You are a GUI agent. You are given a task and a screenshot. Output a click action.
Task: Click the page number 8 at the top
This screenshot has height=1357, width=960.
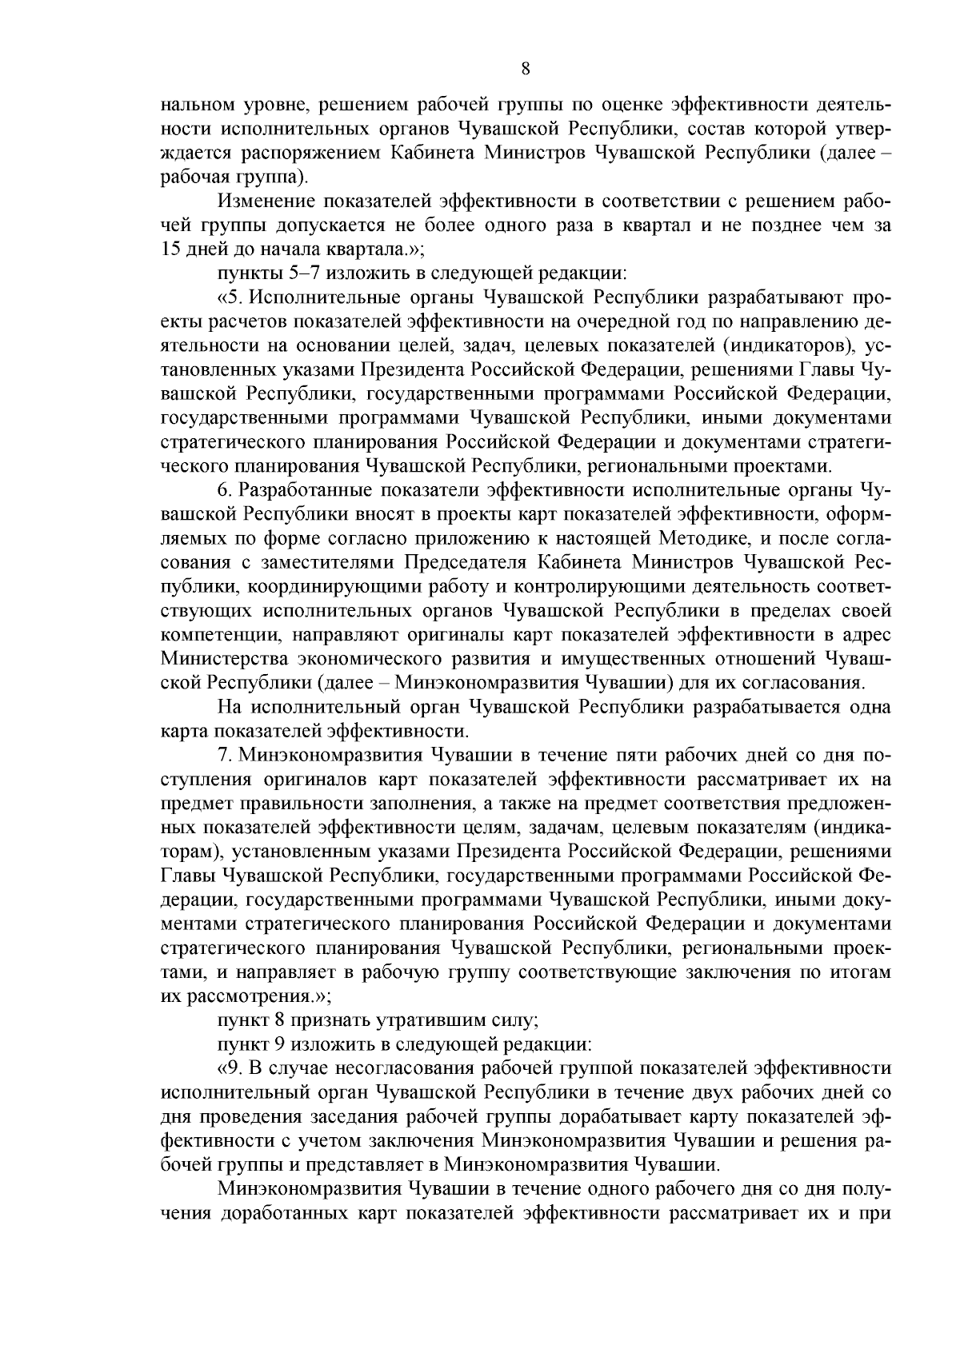click(x=525, y=69)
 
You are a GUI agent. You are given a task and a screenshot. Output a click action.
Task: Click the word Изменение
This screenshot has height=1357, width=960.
click(x=266, y=200)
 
